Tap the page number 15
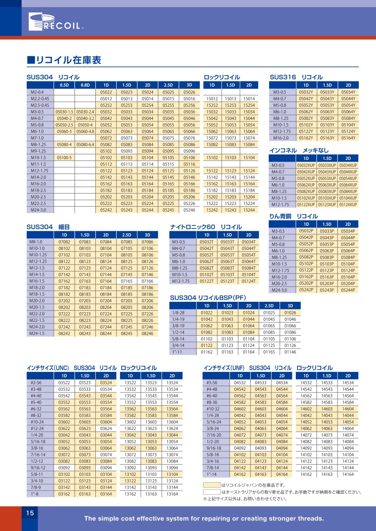(x=30, y=513)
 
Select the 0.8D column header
(x=85, y=85)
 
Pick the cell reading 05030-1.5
(x=64, y=112)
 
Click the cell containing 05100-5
(x=64, y=158)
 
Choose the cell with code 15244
(x=249, y=210)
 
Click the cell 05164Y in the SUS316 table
(x=348, y=138)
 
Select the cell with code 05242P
(x=306, y=290)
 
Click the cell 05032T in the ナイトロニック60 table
(x=207, y=242)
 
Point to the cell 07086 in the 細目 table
(x=147, y=242)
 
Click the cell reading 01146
(x=290, y=352)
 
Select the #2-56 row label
(x=36, y=382)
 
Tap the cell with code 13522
(x=130, y=382)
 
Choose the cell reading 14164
(x=348, y=475)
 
